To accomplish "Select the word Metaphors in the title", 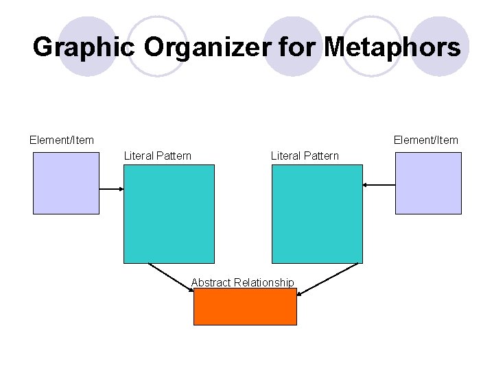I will click(392, 47).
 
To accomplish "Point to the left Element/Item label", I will click(62, 140).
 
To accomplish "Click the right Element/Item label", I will click(425, 140).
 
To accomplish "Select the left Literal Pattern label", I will click(157, 156).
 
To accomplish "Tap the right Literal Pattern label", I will click(305, 156).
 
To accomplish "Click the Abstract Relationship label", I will click(242, 282).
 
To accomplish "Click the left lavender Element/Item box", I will click(66, 183).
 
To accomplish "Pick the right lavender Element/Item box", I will click(428, 183).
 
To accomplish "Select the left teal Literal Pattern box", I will click(169, 213).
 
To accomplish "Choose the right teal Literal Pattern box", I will click(317, 213).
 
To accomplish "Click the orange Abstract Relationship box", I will click(245, 306).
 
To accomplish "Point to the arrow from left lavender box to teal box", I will click(111, 189).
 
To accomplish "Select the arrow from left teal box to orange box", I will click(170, 277).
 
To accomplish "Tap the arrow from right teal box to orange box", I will click(328, 279).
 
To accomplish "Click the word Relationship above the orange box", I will click(263, 282).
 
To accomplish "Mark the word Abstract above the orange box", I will click(211, 282).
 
